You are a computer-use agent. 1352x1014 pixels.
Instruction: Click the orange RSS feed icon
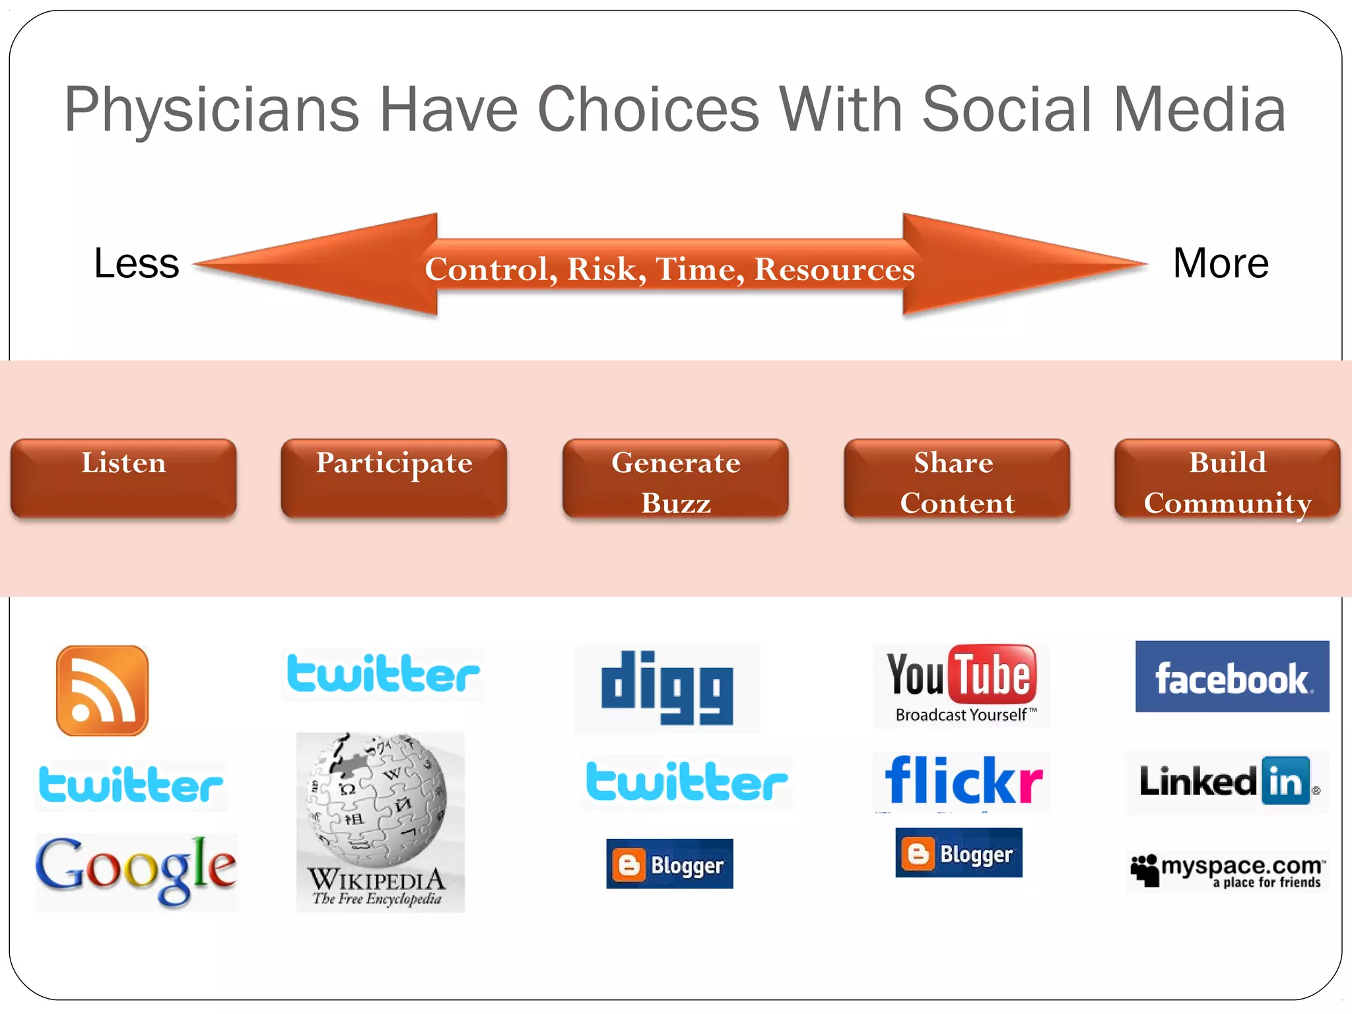click(102, 691)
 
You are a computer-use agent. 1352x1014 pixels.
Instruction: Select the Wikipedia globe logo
click(380, 821)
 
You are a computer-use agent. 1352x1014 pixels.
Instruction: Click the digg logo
click(667, 688)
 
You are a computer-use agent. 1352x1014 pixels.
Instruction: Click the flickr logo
click(963, 781)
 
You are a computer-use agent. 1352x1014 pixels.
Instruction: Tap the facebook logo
click(1232, 677)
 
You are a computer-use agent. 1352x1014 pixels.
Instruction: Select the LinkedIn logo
click(1227, 782)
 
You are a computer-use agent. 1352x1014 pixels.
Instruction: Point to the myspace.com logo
click(1227, 871)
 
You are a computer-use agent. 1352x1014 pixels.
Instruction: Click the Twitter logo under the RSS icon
click(130, 785)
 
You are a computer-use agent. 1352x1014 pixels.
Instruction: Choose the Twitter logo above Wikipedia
click(383, 675)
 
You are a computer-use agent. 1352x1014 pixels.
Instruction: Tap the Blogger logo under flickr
click(959, 853)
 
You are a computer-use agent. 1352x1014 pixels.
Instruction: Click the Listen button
click(123, 478)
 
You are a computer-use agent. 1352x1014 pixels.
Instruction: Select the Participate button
click(394, 478)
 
